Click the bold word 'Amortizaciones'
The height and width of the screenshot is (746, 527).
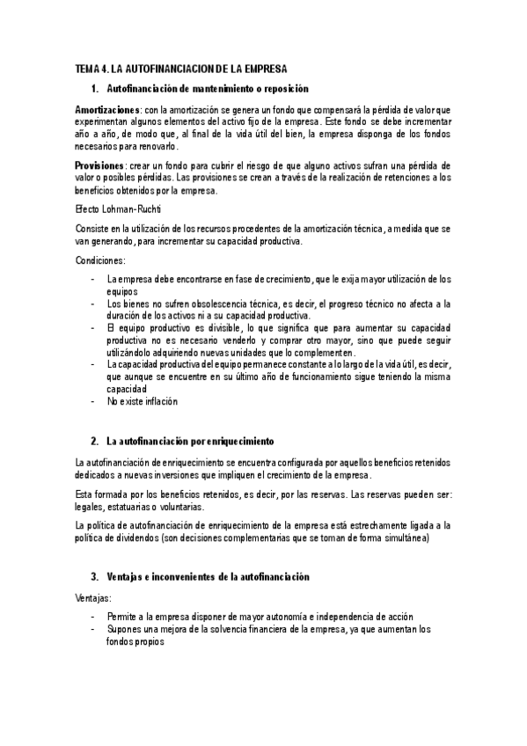tap(106, 107)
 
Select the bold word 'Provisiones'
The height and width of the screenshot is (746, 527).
tap(99, 165)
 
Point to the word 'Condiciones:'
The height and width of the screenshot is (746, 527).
tap(101, 260)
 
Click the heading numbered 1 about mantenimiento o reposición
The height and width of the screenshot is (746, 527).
tap(207, 89)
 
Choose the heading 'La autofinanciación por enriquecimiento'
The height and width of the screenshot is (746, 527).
tap(191, 440)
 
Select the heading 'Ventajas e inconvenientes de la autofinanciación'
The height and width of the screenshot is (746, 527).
tap(208, 576)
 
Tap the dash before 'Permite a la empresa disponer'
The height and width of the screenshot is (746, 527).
tap(93, 616)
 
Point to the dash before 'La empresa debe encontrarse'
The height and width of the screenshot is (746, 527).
tap(93, 279)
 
